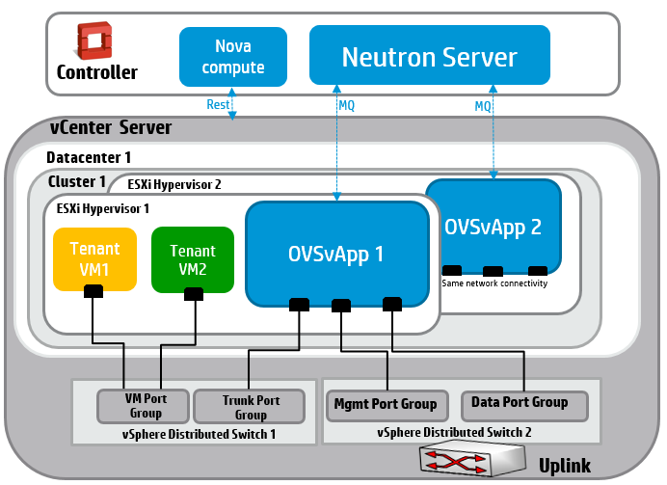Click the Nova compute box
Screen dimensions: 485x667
click(233, 56)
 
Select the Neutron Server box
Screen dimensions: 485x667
click(429, 55)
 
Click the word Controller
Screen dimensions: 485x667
click(96, 72)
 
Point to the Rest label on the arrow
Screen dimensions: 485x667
click(217, 104)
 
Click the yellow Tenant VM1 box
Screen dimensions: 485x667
click(94, 258)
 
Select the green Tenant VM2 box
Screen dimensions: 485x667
click(192, 258)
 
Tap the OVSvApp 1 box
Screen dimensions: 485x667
click(336, 253)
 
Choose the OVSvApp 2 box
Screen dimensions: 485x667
click(493, 226)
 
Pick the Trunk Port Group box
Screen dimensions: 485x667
click(250, 406)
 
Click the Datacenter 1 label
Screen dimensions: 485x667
click(89, 156)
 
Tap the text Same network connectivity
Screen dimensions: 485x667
click(494, 283)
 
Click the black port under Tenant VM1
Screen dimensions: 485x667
click(93, 292)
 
